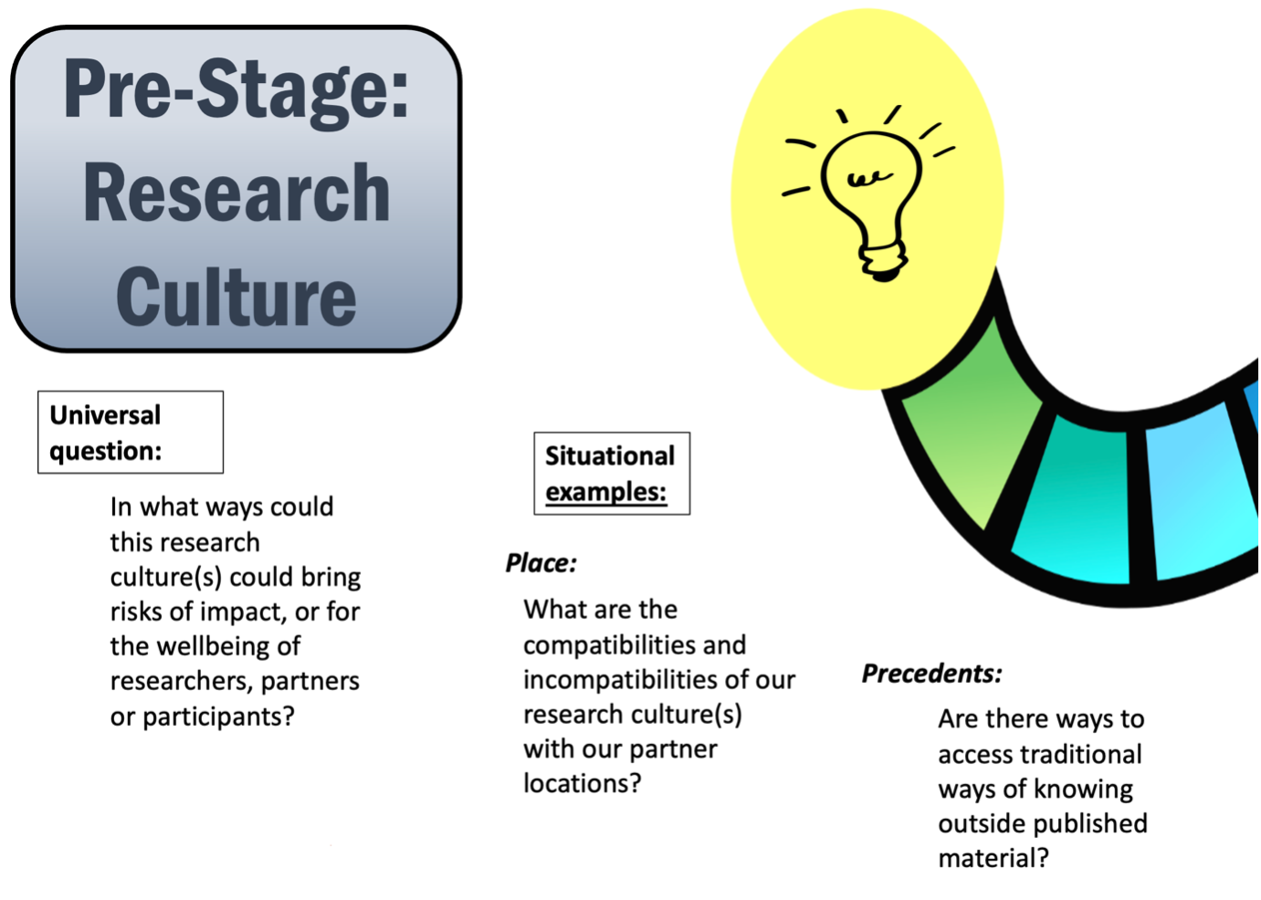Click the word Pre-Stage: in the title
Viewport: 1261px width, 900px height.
pyautogui.click(x=236, y=90)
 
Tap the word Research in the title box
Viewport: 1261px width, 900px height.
pyautogui.click(x=236, y=194)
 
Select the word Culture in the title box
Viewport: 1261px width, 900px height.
pyautogui.click(x=236, y=298)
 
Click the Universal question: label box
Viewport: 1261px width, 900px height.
pyautogui.click(x=130, y=433)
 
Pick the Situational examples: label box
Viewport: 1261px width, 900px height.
pyautogui.click(x=611, y=474)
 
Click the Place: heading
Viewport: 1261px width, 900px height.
pyautogui.click(x=541, y=563)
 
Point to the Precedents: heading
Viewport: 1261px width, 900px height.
pyautogui.click(x=931, y=674)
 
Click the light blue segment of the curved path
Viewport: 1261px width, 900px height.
pyautogui.click(x=1196, y=493)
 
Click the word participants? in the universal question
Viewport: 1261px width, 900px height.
pyautogui.click(x=218, y=717)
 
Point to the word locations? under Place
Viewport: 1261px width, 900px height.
pyautogui.click(x=582, y=783)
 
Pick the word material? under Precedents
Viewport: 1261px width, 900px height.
pyautogui.click(x=993, y=858)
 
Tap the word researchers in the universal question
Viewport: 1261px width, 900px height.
pyautogui.click(x=182, y=681)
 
